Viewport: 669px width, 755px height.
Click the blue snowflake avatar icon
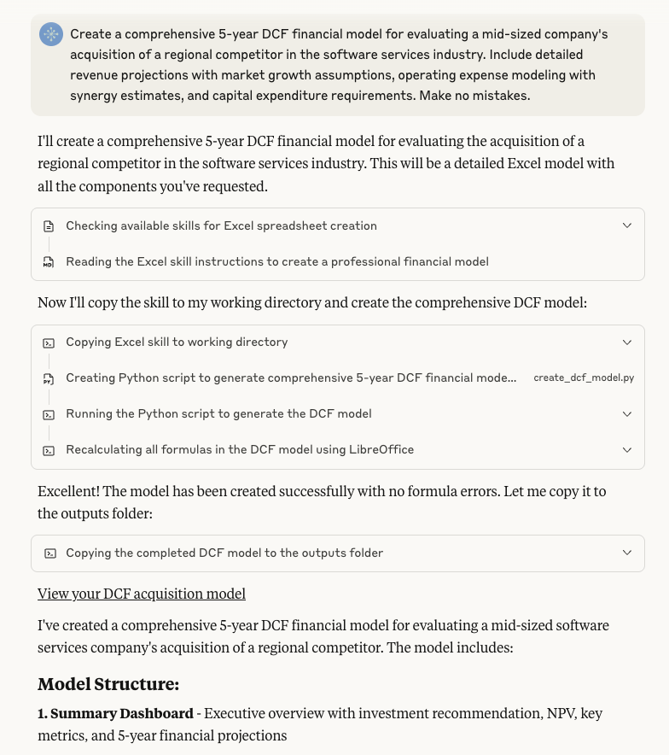[x=51, y=34]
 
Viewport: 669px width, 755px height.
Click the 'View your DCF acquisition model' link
[x=142, y=594]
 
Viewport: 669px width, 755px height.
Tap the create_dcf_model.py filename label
[x=584, y=377]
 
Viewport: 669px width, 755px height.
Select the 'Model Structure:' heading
[x=108, y=684]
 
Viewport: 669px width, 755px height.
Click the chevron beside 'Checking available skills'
[x=627, y=225]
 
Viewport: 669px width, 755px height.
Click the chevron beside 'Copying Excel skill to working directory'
[x=627, y=342]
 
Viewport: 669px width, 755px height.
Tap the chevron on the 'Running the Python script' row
[x=627, y=413]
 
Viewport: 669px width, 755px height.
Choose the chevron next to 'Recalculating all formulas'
[x=627, y=449]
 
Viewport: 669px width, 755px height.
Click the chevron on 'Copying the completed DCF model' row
[x=627, y=553]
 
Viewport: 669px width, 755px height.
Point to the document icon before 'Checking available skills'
[x=49, y=226]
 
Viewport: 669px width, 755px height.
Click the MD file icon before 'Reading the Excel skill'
[x=49, y=262]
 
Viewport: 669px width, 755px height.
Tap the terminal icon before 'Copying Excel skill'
[x=49, y=342]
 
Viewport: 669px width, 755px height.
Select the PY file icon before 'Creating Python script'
[x=49, y=378]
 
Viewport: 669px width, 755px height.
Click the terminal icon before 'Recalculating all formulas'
[x=49, y=450]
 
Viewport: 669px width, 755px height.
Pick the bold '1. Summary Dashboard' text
[x=115, y=713]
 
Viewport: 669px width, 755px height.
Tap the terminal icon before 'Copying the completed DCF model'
[x=49, y=553]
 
